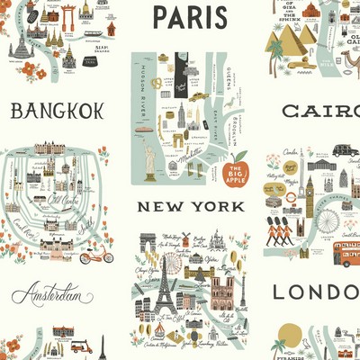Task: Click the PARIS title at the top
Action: click(x=190, y=17)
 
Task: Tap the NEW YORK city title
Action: click(x=190, y=206)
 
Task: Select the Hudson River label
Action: click(x=141, y=85)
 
